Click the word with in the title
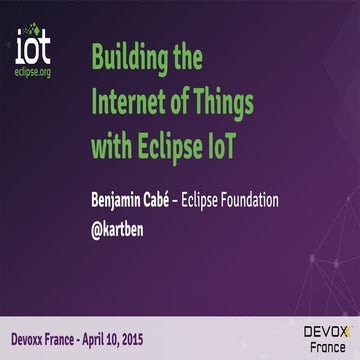(111, 148)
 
